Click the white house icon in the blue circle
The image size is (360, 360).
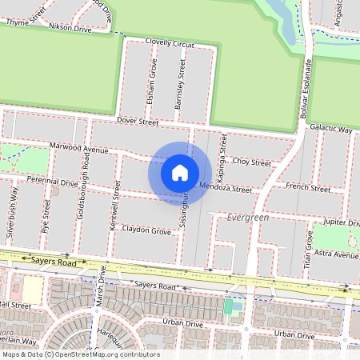click(x=180, y=172)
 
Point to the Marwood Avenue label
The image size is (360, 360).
click(x=78, y=148)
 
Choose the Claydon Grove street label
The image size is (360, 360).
click(x=147, y=230)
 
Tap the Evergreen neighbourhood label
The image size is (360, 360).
click(x=247, y=217)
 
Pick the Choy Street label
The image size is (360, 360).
click(x=252, y=162)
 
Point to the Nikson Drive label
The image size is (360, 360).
click(x=70, y=27)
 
